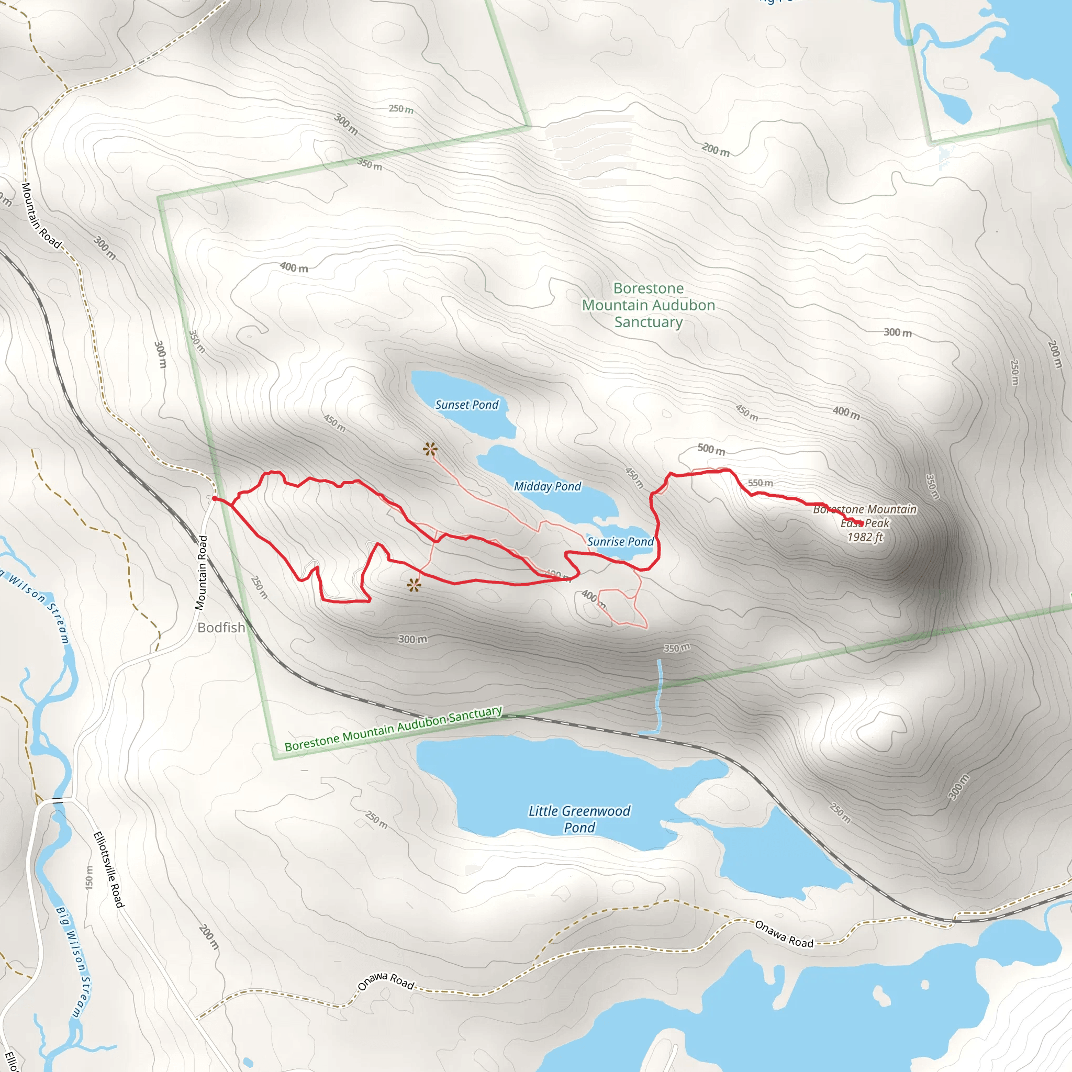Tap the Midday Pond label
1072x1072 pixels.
point(547,486)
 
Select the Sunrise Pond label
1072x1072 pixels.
point(620,541)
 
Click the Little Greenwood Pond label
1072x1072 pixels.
point(579,819)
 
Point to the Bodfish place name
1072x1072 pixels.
point(221,628)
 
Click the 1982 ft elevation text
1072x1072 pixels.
point(865,537)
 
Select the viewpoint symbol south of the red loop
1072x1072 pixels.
point(414,585)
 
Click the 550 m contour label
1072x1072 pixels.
point(760,483)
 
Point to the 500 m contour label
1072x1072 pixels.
point(711,449)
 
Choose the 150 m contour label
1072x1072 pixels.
point(90,877)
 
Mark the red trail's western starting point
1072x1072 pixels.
point(214,498)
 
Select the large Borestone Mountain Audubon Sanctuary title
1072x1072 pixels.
point(648,305)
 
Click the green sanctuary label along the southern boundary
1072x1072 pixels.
point(394,729)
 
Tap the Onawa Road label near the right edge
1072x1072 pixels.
point(784,934)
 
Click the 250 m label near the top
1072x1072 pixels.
point(400,109)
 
